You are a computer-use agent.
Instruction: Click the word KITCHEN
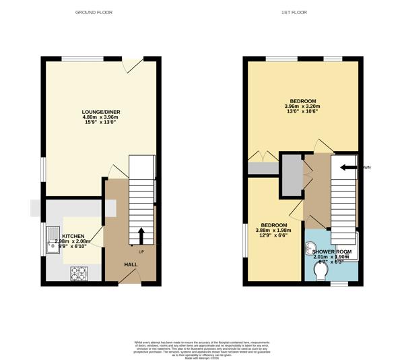tap(73, 236)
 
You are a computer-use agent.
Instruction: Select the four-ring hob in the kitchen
tap(79, 273)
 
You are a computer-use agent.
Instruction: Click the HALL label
tap(131, 264)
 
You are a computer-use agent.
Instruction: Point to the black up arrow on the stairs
tap(141, 235)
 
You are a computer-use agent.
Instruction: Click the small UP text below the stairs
tap(141, 252)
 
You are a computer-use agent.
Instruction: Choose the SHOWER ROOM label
tap(331, 251)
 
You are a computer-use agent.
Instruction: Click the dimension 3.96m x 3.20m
tap(302, 107)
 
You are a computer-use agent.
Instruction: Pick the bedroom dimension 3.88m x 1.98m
tap(274, 231)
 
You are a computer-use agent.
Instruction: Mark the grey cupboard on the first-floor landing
tap(291, 174)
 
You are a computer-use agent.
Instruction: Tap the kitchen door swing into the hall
tap(97, 236)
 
